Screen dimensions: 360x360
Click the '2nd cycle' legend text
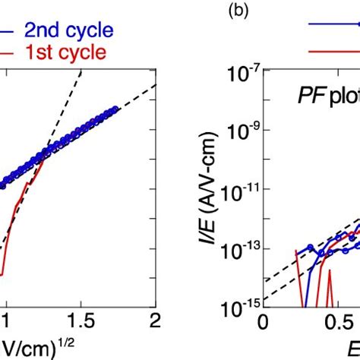pyautogui.click(x=68, y=31)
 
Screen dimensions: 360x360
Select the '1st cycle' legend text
pyautogui.click(x=65, y=55)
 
